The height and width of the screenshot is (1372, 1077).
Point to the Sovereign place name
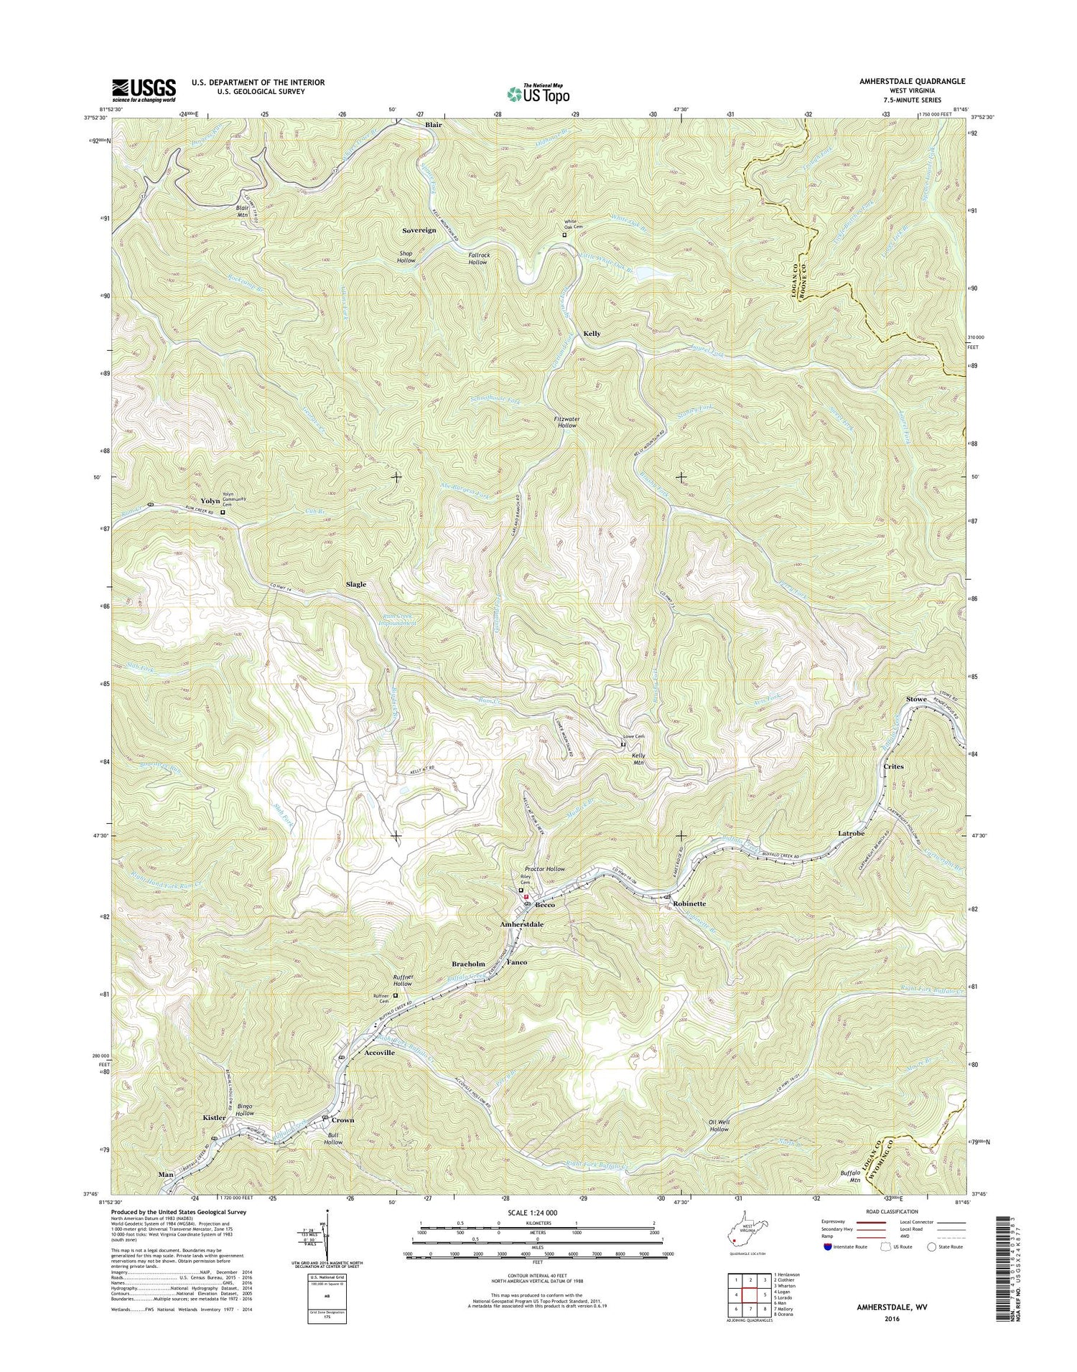point(419,230)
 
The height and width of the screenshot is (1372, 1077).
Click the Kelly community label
point(592,334)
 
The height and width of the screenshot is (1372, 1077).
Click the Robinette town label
point(689,904)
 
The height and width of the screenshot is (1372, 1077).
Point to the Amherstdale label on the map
point(521,925)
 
